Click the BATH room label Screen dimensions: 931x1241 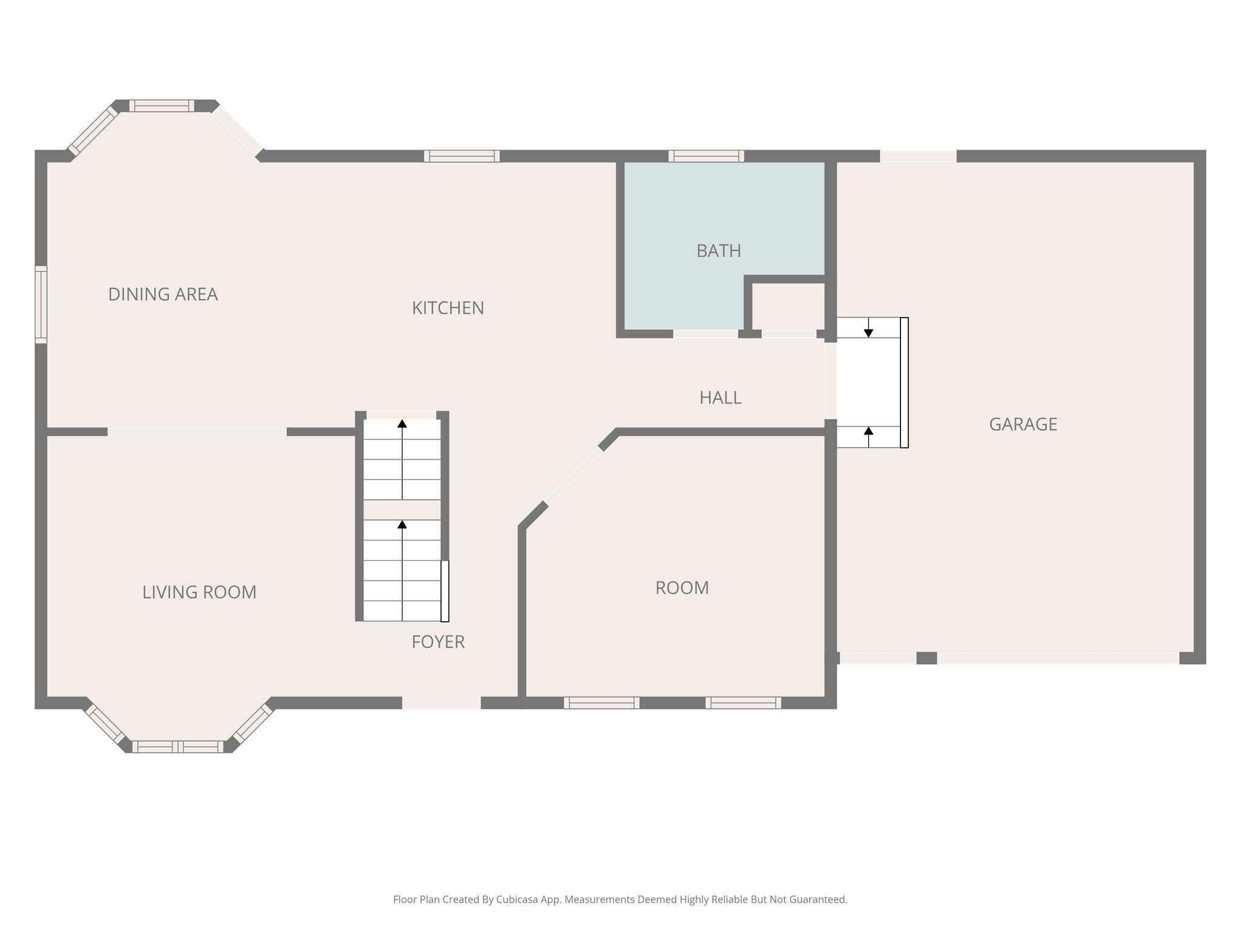719,251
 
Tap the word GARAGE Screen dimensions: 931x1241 1023,424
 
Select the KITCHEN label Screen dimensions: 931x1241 448,308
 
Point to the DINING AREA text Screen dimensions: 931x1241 162,294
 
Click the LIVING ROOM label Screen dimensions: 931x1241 199,592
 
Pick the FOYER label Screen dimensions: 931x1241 438,642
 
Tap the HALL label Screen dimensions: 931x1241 720,398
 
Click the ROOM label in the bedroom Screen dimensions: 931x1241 682,588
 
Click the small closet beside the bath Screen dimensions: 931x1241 788,306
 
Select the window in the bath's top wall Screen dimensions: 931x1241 706,156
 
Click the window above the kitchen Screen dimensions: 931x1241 462,156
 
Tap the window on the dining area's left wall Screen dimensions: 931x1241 41,304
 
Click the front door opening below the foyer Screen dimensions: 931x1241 442,703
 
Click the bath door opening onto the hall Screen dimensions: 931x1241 705,334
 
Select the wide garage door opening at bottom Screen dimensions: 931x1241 1057,658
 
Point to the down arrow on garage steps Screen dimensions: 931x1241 868,332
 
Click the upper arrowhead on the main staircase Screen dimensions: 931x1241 402,424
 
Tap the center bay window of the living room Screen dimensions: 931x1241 178,747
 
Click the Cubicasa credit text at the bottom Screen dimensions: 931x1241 620,899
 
